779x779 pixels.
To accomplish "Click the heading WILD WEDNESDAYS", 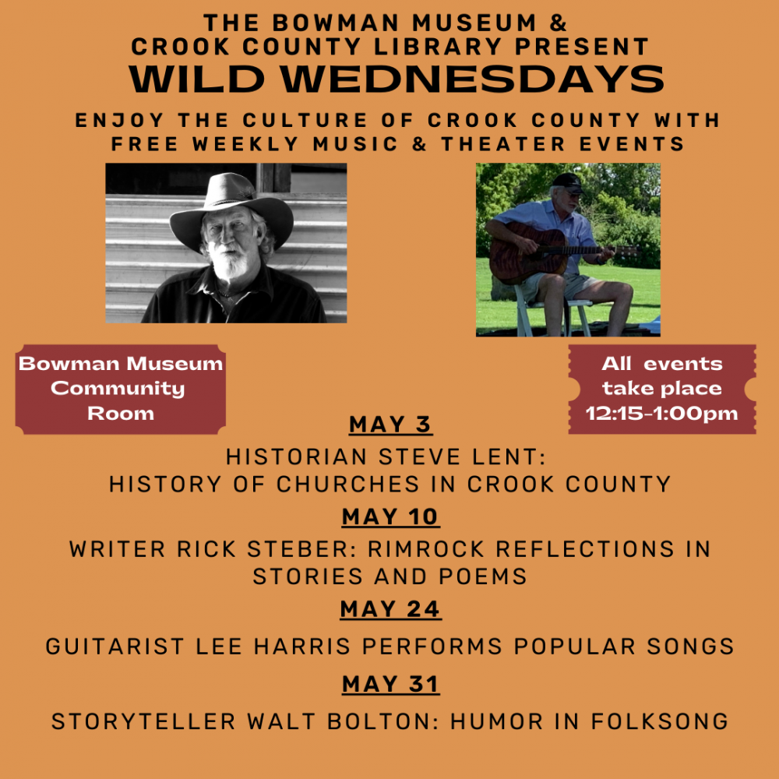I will [x=396, y=79].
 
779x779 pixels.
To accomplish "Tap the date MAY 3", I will [x=390, y=425].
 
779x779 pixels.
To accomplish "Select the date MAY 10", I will [x=390, y=516].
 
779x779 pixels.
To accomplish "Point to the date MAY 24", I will [x=390, y=608].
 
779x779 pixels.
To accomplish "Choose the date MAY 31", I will [x=390, y=684].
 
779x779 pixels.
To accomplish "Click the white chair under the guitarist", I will [x=545, y=312].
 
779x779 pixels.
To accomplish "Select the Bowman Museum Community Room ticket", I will [x=121, y=388].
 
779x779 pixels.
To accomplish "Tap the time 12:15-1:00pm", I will [x=661, y=414].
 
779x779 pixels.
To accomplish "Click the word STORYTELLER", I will [x=144, y=721].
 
